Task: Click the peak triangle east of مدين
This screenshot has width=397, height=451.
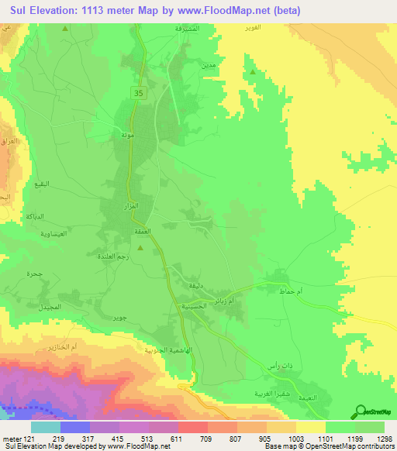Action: click(253, 73)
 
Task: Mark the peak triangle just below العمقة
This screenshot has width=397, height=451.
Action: click(140, 248)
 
